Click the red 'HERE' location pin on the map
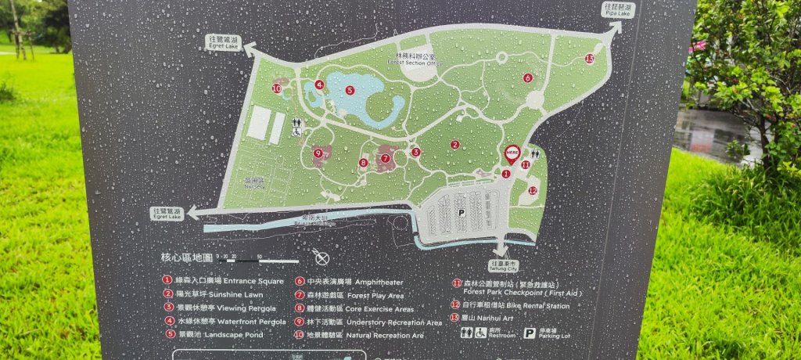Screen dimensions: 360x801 pyautogui.click(x=512, y=154)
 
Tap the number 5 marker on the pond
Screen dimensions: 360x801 pyautogui.click(x=350, y=90)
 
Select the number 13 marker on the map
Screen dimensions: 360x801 pyautogui.click(x=589, y=58)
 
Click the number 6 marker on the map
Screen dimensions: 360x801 pyautogui.click(x=528, y=77)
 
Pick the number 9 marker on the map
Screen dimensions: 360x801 pyautogui.click(x=318, y=153)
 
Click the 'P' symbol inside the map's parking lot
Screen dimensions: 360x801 pyautogui.click(x=461, y=212)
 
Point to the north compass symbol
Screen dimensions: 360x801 pyautogui.click(x=321, y=257)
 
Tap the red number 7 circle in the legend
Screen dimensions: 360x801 pyautogui.click(x=300, y=295)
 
